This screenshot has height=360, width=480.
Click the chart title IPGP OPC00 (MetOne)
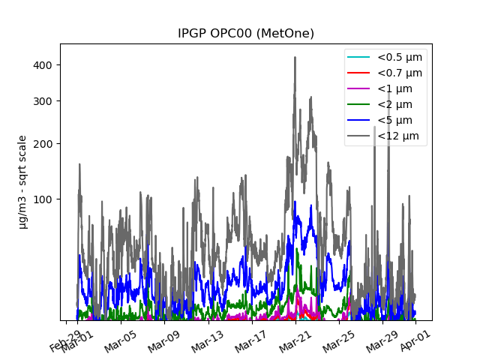[x=245, y=34]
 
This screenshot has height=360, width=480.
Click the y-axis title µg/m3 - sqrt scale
[x=22, y=181]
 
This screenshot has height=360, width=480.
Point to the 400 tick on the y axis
[x=43, y=65]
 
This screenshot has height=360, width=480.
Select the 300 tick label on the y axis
[x=43, y=101]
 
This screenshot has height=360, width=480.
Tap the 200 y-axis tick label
[x=43, y=144]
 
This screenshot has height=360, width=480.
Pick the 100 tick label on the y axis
[x=43, y=199]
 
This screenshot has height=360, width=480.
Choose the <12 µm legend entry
[x=397, y=136]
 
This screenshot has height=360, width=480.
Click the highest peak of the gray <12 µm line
[x=295, y=57]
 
